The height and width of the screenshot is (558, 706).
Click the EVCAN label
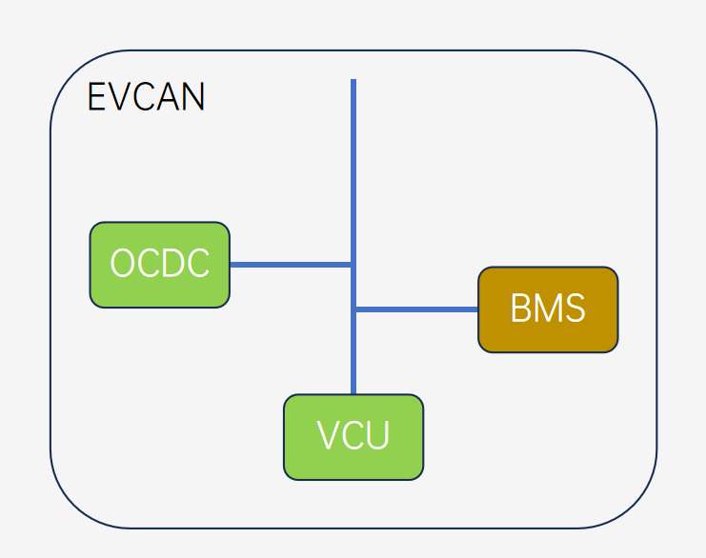click(146, 98)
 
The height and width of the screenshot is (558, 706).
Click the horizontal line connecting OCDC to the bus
click(291, 265)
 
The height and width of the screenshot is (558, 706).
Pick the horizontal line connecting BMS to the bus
click(416, 309)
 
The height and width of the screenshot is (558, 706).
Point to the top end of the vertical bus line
click(353, 82)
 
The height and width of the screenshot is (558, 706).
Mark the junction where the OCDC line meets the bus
click(353, 265)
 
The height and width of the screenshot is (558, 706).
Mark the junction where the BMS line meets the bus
click(354, 309)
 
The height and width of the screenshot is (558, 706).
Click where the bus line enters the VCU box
click(353, 393)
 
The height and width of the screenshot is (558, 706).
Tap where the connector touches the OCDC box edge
click(231, 265)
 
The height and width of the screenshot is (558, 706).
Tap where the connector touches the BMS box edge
click(478, 309)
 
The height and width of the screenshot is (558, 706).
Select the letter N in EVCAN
click(193, 98)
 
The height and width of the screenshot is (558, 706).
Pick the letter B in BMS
click(520, 309)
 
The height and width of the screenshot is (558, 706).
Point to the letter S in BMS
click(574, 309)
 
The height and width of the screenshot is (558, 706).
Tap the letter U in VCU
click(378, 436)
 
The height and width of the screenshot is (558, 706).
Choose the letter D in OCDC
click(172, 264)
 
